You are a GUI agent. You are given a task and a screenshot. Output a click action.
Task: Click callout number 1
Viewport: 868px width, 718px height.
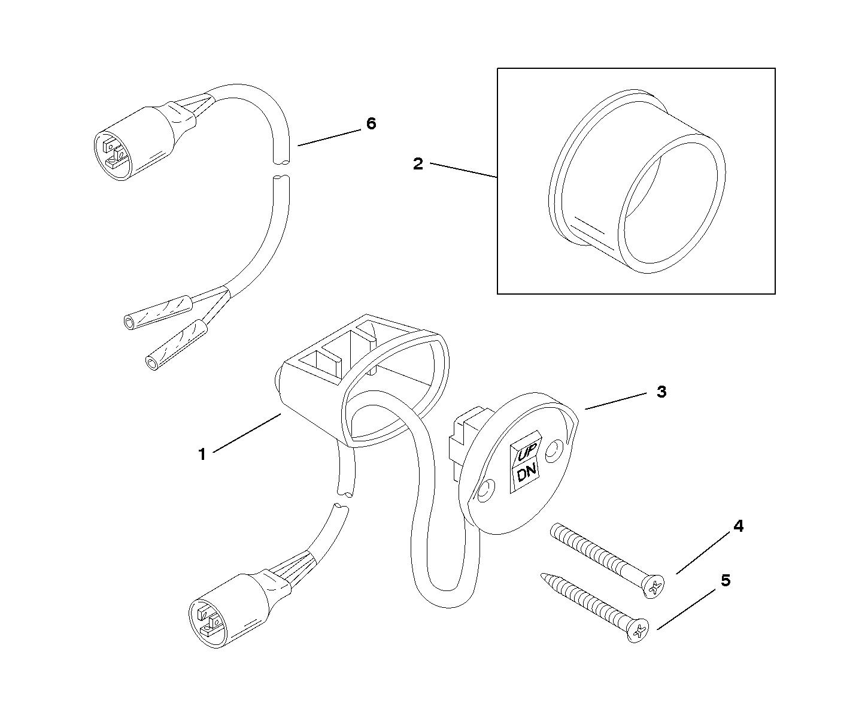202,455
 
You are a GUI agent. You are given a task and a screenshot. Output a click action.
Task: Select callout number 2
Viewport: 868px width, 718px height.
418,163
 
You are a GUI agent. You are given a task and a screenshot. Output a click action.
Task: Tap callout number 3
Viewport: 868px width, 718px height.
661,392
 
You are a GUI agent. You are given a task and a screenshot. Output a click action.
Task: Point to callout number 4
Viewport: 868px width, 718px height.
738,526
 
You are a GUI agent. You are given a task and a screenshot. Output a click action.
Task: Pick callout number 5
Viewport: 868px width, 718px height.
726,580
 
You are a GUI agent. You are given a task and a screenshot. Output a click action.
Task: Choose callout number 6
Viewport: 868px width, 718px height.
371,124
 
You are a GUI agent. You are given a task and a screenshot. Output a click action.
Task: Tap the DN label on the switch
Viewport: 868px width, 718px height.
526,474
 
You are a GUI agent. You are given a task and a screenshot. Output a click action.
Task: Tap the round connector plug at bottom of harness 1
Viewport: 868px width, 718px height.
210,618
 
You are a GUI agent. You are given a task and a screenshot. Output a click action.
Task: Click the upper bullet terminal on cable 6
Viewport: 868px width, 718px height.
157,313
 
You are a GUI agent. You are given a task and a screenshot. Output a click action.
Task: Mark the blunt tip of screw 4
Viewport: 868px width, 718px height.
553,528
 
